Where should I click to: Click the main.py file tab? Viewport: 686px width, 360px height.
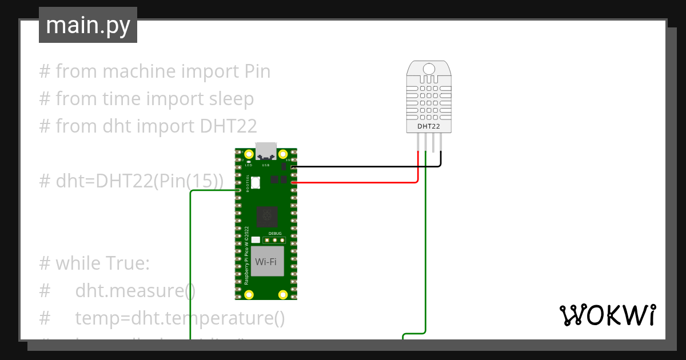[x=87, y=25]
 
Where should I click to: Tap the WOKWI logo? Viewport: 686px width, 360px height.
[x=607, y=315]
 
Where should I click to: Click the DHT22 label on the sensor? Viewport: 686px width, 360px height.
[x=428, y=126]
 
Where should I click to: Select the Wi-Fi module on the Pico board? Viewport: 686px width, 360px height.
[x=266, y=262]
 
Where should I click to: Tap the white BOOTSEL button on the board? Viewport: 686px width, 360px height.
[x=255, y=183]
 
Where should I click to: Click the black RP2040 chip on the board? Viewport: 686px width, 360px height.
[x=266, y=217]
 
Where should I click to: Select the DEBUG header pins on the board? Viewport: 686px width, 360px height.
[x=274, y=239]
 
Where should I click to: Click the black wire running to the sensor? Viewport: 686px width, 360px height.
[x=366, y=167]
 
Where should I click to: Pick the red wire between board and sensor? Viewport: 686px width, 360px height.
[x=354, y=183]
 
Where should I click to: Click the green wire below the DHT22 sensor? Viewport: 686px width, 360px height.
[x=425, y=257]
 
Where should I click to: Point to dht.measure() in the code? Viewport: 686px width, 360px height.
[x=135, y=291]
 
